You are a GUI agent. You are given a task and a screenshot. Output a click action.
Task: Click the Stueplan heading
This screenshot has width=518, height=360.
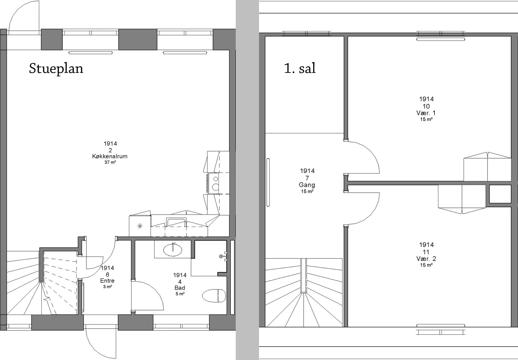tap(56, 68)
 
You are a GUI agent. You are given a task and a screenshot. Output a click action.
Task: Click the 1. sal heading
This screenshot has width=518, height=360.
tap(300, 68)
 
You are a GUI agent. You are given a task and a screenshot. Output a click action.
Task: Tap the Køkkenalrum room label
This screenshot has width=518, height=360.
tap(110, 156)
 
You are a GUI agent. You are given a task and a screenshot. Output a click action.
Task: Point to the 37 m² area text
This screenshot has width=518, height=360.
tap(110, 162)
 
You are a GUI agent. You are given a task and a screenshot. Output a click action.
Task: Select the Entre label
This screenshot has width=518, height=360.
tap(107, 281)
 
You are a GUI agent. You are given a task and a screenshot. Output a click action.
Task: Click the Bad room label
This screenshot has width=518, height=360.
tap(180, 288)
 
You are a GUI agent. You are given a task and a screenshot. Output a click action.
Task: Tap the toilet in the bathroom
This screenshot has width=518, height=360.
tap(214, 296)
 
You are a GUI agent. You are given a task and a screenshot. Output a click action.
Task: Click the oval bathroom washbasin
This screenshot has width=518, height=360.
tap(173, 250)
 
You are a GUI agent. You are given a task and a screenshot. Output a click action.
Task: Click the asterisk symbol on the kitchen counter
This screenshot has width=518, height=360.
tap(140, 226)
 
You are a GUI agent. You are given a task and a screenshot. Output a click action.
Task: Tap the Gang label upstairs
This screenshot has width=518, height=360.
tap(307, 185)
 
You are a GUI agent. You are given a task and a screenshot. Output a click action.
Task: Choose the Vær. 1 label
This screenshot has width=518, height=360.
tap(426, 113)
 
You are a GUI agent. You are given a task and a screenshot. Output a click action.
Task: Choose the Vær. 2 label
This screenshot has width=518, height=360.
tap(426, 259)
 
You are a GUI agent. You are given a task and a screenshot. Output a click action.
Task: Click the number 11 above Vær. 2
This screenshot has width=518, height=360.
tap(426, 252)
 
